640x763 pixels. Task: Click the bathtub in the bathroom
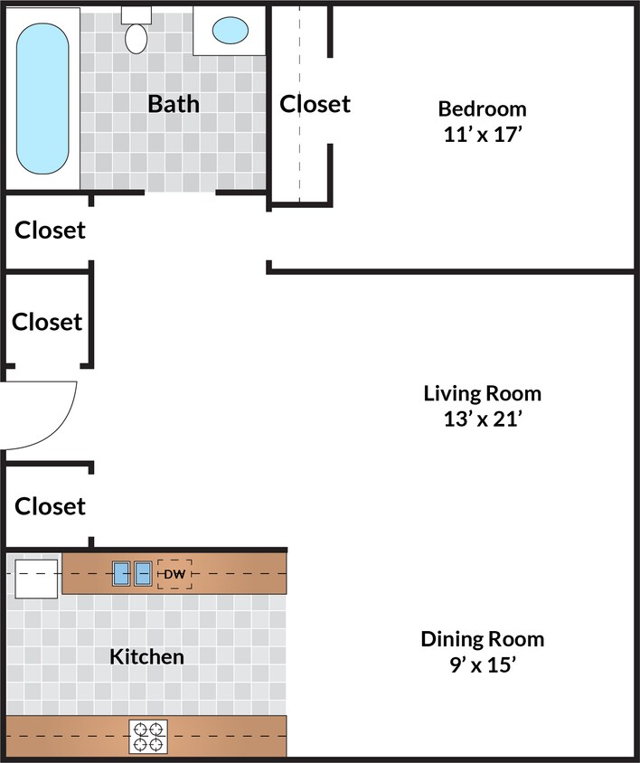[x=42, y=98]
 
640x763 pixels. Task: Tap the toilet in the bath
[x=136, y=37]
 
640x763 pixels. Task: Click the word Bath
[x=174, y=103]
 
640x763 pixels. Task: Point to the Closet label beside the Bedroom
[x=315, y=104]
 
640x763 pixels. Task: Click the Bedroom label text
[x=482, y=109]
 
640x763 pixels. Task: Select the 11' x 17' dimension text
[x=482, y=134]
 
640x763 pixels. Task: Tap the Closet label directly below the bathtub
[x=51, y=231]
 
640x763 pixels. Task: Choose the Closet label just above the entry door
[x=47, y=322]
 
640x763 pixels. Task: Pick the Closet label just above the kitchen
[x=51, y=506]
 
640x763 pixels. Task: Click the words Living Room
[x=482, y=394]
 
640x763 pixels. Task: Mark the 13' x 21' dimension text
[x=482, y=419]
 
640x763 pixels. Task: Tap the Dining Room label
[x=482, y=640]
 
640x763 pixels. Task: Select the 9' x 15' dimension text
[x=482, y=664]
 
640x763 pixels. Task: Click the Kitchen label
[x=146, y=656]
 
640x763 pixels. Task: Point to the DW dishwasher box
[x=174, y=574]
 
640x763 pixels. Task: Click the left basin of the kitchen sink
[x=122, y=573]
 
